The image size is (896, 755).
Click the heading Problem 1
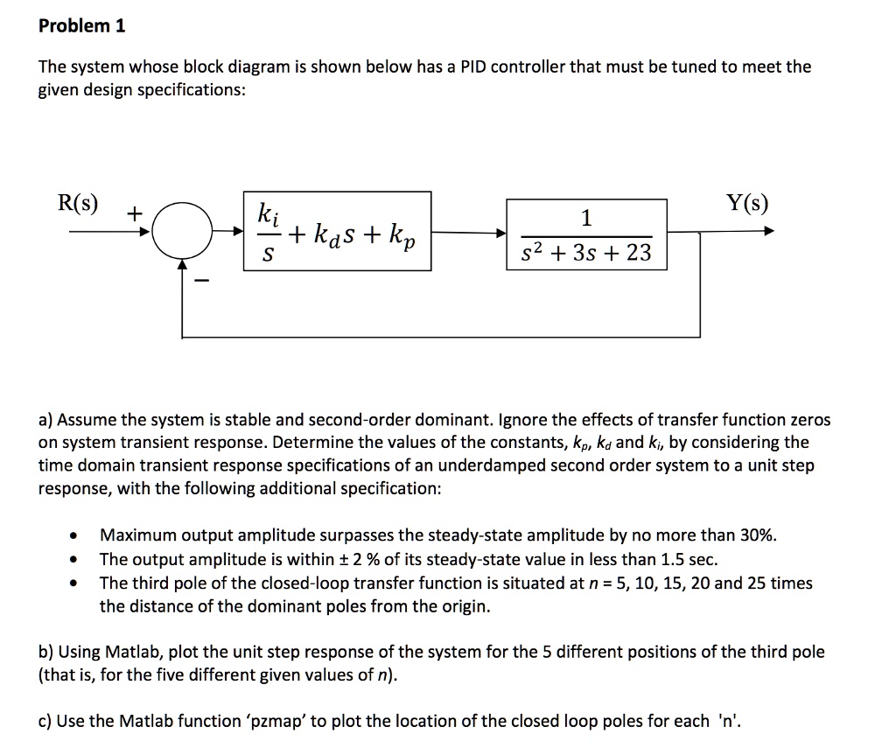[82, 26]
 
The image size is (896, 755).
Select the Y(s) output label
[746, 204]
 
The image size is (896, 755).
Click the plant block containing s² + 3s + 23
[586, 234]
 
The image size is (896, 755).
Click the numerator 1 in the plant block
[586, 217]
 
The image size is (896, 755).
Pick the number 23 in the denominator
[639, 254]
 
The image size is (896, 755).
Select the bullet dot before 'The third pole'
[79, 584]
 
